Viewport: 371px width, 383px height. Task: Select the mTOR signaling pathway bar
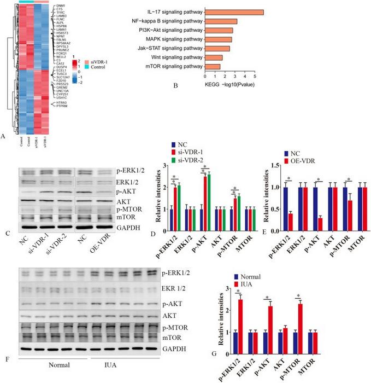[x=213, y=67]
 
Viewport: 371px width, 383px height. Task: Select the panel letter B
[x=175, y=85]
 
